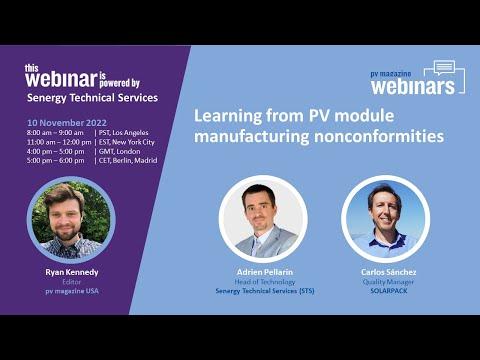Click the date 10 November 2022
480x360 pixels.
point(67,123)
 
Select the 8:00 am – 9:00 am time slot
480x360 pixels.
point(55,133)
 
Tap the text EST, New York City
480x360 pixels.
point(127,142)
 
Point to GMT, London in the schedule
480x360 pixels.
point(119,151)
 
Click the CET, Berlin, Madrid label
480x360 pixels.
point(128,160)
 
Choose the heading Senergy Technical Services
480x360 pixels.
point(92,98)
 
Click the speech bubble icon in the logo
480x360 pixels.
point(444,67)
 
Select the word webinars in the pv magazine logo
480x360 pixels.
point(413,87)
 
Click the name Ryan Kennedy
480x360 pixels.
point(72,272)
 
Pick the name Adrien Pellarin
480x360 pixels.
point(265,272)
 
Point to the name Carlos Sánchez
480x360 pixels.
point(389,272)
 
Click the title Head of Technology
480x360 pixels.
point(265,282)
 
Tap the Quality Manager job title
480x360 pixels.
point(388,282)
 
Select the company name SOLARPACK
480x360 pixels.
point(389,291)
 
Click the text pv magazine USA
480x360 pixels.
point(72,291)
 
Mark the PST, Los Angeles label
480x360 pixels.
point(123,133)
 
